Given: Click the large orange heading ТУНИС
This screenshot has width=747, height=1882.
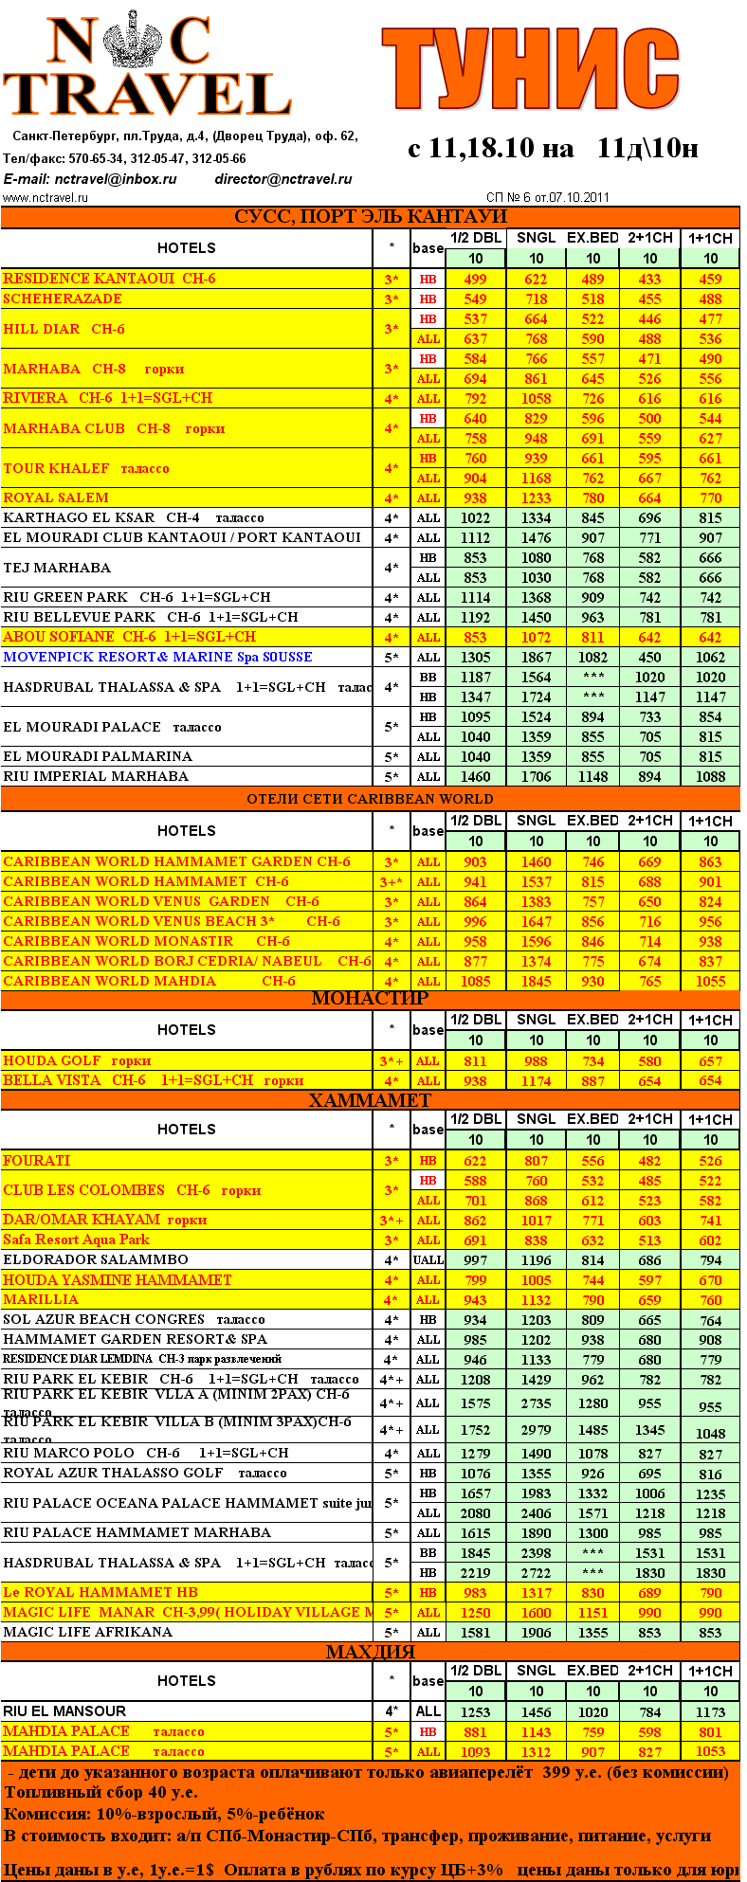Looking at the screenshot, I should tap(530, 69).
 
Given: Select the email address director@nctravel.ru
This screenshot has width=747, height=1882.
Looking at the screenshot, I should tap(283, 179).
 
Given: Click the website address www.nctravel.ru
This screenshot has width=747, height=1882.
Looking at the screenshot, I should tap(46, 198).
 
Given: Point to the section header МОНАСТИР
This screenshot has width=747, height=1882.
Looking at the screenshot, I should tap(370, 998).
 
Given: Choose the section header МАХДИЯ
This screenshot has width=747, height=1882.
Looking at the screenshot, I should tap(370, 1653).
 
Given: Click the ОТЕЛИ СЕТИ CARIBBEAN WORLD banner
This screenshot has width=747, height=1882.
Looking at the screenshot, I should tap(370, 799).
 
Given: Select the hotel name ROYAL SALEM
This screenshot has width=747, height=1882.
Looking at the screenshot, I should tap(56, 498).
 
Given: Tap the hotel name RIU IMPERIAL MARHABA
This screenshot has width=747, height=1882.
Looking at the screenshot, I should tap(96, 776).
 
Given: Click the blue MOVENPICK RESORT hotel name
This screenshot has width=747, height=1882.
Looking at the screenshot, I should tap(157, 657).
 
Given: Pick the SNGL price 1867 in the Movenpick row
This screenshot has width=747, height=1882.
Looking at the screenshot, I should tap(536, 658).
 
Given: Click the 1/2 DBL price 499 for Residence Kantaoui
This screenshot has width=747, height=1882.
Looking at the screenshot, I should tap(475, 280).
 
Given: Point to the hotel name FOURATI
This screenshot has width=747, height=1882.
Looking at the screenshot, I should tap(36, 1161).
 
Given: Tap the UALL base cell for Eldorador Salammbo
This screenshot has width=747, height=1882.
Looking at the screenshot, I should tap(428, 1260).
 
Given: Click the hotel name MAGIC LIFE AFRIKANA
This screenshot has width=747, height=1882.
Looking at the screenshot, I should tap(88, 1632).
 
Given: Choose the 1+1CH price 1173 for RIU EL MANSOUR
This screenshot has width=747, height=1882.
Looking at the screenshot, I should tap(710, 1712).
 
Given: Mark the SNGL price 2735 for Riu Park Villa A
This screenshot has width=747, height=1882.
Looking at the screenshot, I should tap(536, 1403).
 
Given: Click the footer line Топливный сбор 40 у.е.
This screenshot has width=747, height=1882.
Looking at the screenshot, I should tap(101, 1792).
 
